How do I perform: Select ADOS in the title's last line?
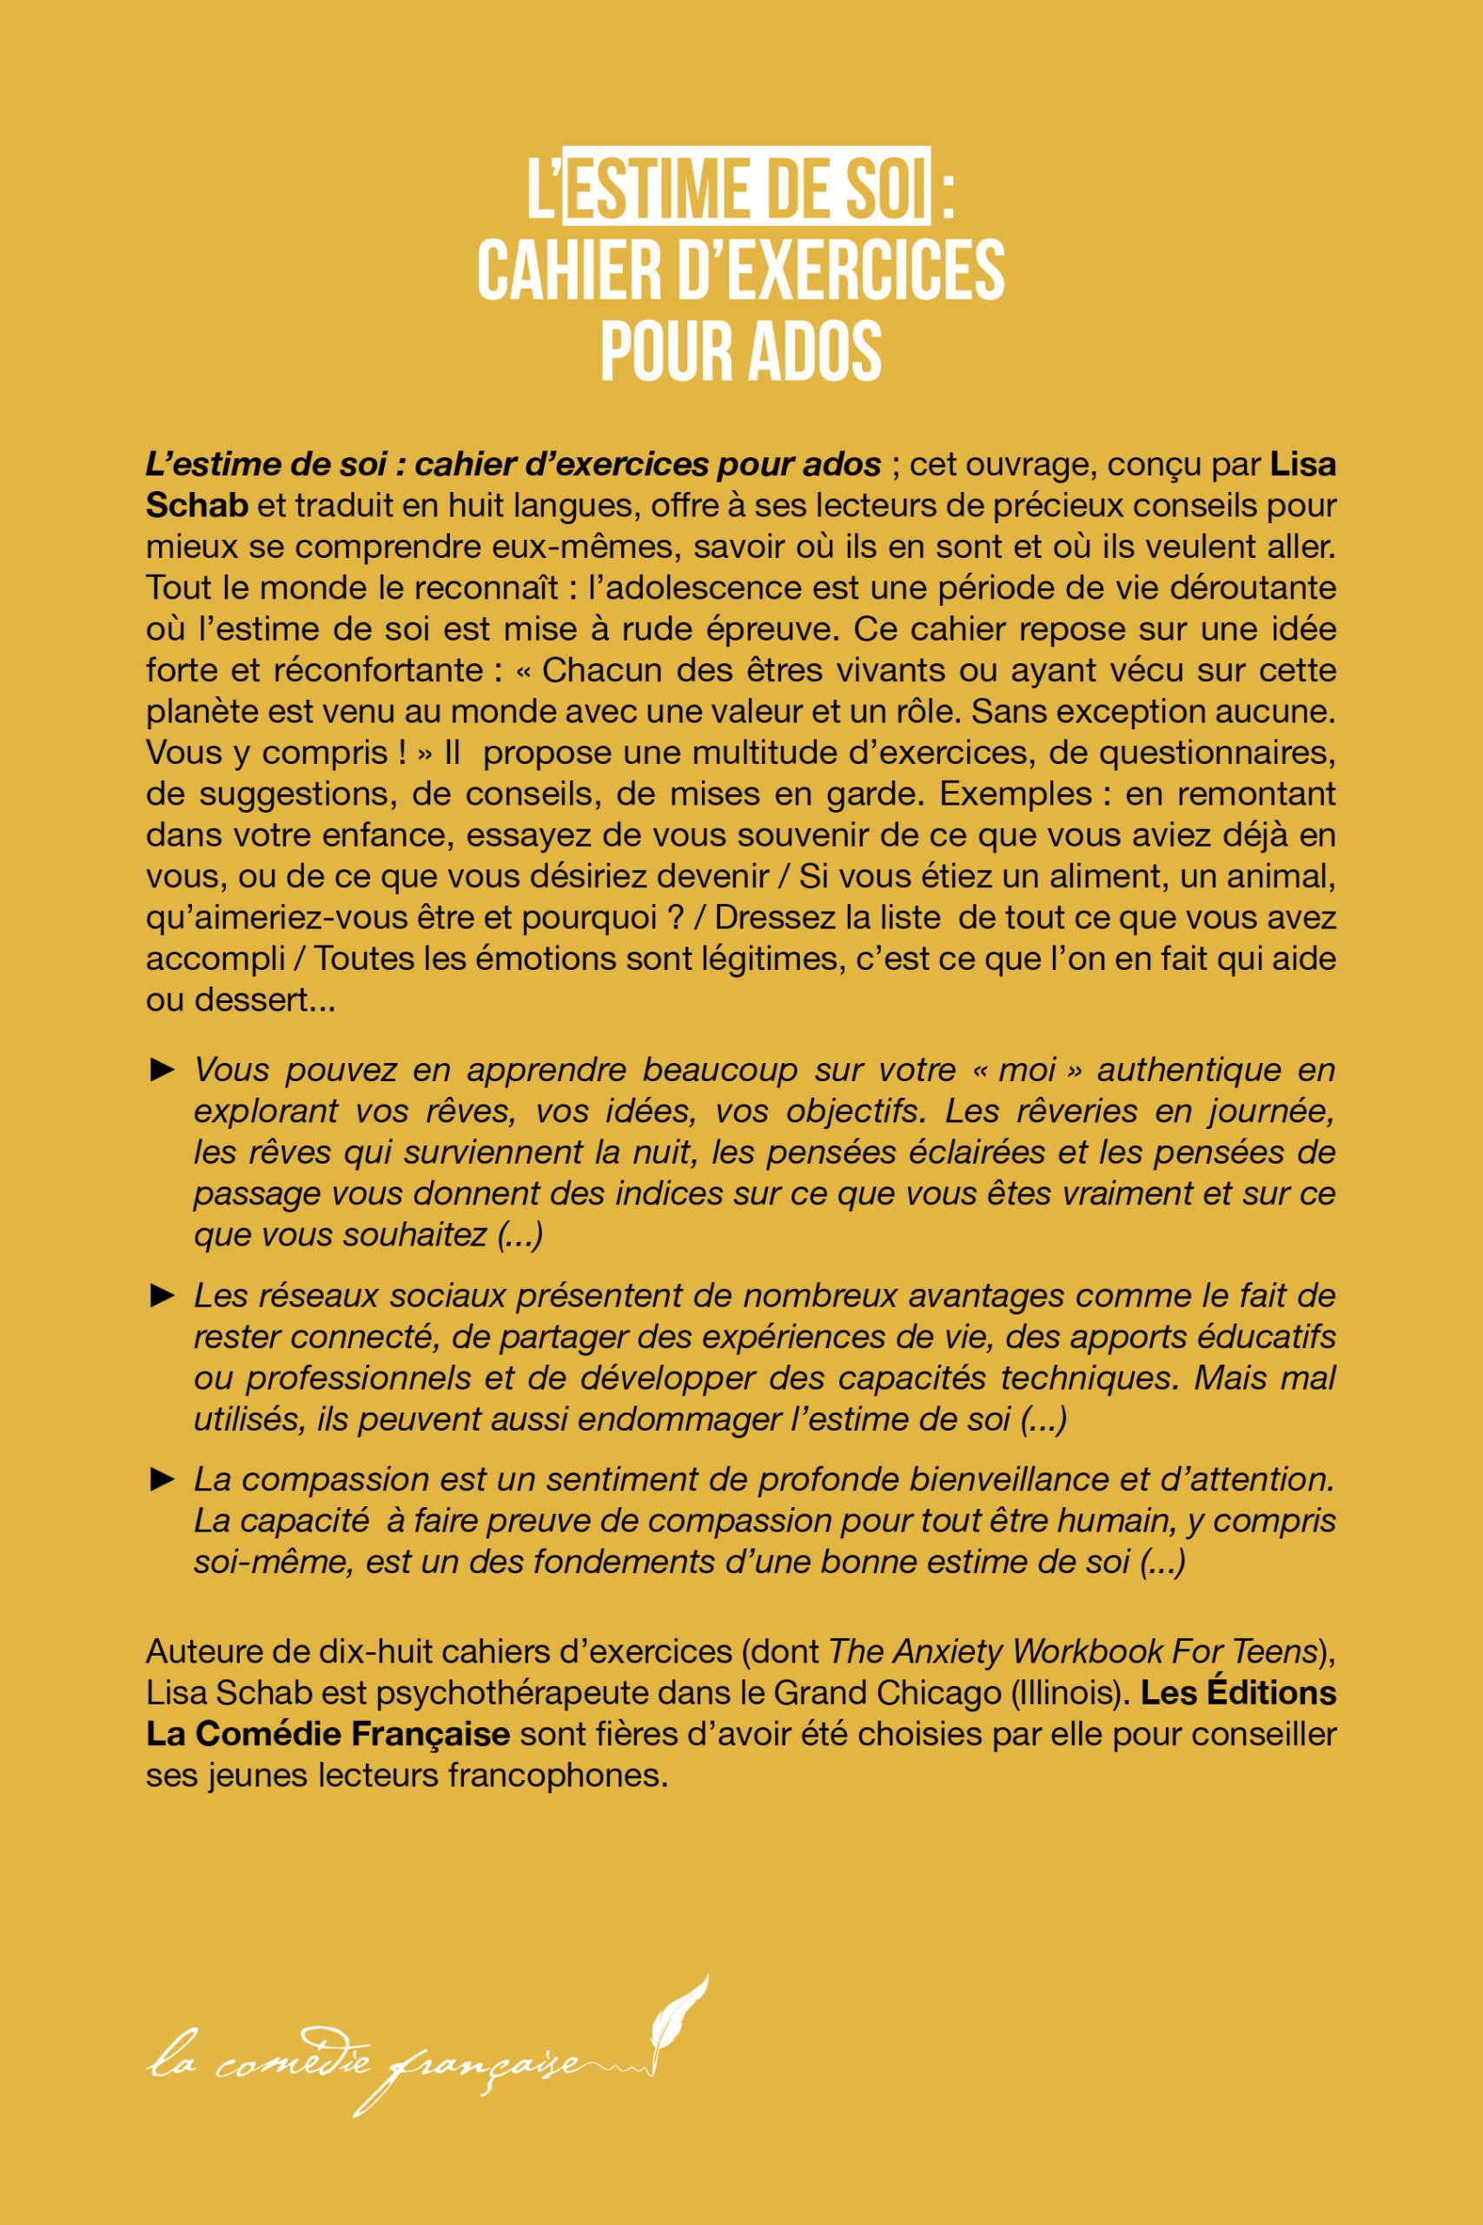[814, 350]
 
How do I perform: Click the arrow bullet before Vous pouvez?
[162, 1071]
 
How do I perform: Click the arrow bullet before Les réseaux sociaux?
[162, 1295]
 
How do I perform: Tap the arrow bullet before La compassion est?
[162, 1478]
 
